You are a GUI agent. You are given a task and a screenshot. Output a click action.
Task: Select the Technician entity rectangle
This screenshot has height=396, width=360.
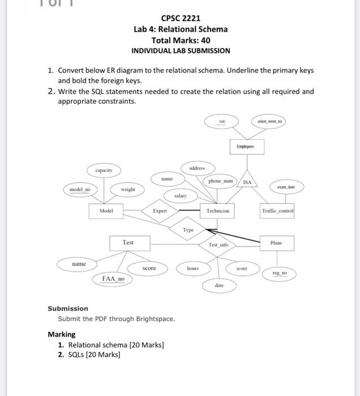pos(217,210)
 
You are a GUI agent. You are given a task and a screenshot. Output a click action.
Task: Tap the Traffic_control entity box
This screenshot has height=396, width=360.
pos(277,210)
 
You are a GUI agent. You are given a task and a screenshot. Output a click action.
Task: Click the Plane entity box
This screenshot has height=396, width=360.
pos(276,242)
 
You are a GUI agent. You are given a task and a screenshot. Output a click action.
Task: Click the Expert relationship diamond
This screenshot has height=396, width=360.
pos(160,210)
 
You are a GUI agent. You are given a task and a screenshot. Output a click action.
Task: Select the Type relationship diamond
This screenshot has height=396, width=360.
pos(188,230)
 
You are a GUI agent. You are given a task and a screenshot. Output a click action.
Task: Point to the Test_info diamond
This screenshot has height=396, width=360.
pos(218,245)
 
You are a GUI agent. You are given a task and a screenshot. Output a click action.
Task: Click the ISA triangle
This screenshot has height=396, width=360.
pos(247,180)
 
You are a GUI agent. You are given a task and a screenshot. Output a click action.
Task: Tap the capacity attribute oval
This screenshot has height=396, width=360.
pos(104,170)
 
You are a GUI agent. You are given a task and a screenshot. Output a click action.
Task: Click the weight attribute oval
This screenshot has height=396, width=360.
pos(128,189)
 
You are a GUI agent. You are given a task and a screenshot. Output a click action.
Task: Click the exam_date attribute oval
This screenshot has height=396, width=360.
pos(285,186)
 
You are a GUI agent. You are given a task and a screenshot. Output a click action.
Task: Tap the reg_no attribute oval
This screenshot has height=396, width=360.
pos(280,273)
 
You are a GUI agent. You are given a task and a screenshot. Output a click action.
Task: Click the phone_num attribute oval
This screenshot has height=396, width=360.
pos(221,181)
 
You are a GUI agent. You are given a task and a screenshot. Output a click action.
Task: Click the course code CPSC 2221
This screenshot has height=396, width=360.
pos(181,19)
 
